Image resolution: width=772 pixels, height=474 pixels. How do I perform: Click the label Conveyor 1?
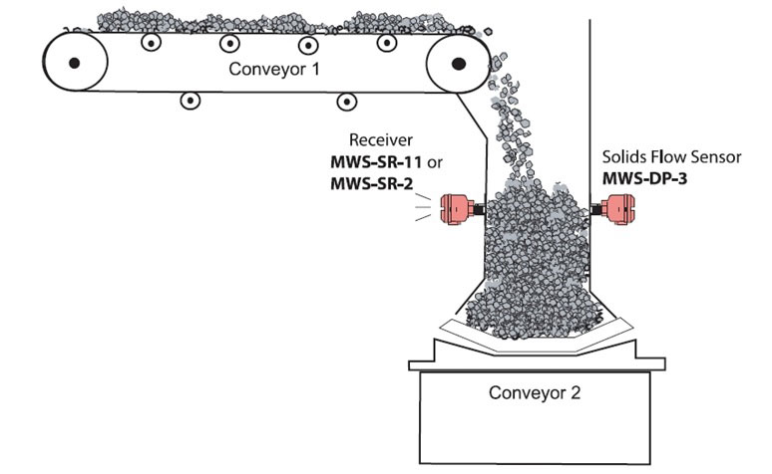click(274, 69)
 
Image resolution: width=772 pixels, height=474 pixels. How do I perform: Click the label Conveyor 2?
click(535, 393)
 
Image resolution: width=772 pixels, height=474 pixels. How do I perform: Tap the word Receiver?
click(381, 140)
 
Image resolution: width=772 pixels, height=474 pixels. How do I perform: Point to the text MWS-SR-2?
click(372, 184)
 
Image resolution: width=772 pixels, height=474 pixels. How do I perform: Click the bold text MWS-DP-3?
click(644, 178)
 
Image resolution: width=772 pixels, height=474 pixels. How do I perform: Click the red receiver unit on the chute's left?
click(457, 209)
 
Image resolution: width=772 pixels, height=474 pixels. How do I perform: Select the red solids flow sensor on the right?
click(617, 209)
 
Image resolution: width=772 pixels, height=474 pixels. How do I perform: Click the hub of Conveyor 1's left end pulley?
click(75, 63)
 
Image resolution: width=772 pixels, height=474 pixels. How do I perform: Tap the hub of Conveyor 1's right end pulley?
click(459, 63)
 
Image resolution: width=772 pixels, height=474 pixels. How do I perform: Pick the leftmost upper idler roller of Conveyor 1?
click(152, 43)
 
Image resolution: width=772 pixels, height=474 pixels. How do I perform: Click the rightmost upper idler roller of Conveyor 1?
click(387, 43)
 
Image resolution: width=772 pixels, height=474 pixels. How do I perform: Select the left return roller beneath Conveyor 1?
click(191, 101)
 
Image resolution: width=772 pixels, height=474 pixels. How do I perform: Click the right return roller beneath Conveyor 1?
click(347, 102)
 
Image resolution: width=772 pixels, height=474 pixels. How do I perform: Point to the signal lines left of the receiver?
click(423, 207)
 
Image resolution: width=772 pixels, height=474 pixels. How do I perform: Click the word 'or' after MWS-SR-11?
click(434, 162)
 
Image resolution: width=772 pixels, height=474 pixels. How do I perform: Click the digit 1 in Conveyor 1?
click(315, 69)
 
